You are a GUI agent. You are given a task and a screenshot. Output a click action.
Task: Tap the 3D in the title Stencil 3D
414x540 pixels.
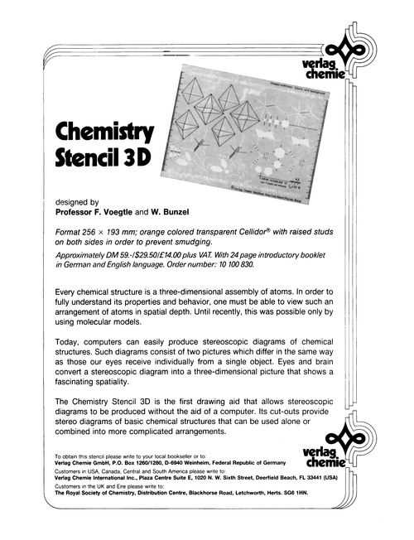pos(135,157)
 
